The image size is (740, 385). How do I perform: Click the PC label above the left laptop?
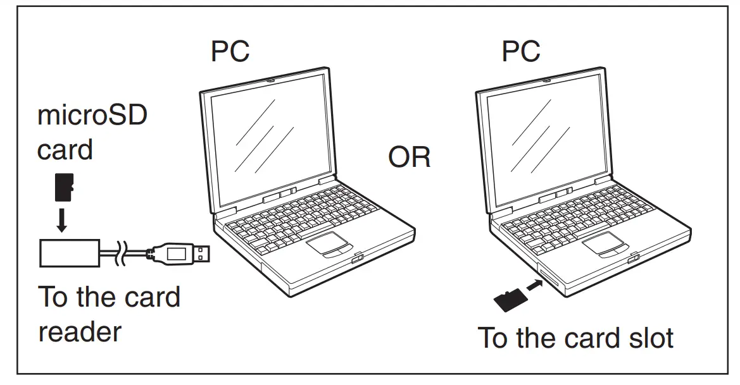pos(230,51)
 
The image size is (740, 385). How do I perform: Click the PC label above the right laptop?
pos(521,51)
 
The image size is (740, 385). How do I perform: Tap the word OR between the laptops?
pos(409,157)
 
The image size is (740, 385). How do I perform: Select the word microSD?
pos(92,118)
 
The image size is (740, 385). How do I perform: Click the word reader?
pos(80,331)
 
